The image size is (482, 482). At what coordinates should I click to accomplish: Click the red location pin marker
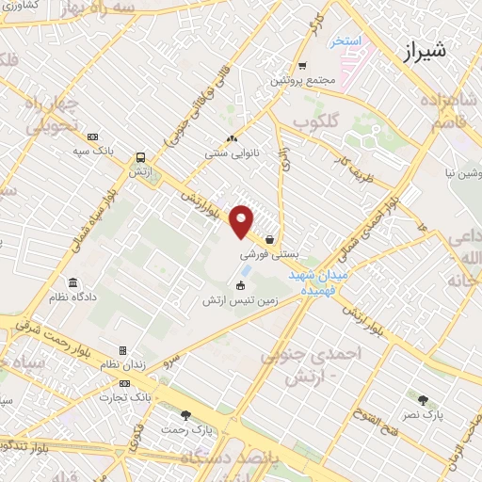tap(242, 221)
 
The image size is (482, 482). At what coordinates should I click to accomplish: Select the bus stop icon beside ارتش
tap(140, 158)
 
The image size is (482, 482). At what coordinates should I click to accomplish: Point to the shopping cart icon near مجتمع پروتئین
tap(301, 66)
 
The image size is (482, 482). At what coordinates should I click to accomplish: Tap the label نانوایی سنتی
tap(231, 152)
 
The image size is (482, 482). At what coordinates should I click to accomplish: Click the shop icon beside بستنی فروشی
tap(271, 239)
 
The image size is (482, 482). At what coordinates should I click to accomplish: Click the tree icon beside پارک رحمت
tap(185, 414)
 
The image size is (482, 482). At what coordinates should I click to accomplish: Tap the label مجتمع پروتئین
tap(303, 81)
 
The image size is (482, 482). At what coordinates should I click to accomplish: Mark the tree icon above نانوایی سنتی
tap(231, 138)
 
